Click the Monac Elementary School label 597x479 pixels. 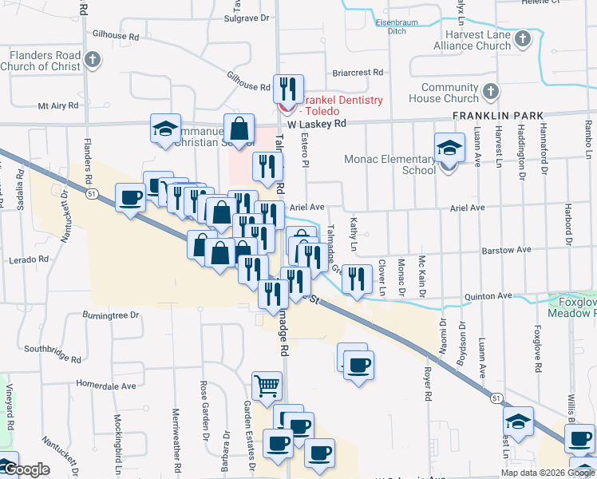(x=390, y=164)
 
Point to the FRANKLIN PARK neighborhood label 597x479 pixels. (x=491, y=116)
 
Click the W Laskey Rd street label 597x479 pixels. (x=317, y=125)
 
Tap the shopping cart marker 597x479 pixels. (x=267, y=386)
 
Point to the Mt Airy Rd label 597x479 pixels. (x=61, y=105)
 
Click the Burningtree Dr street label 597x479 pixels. (x=110, y=315)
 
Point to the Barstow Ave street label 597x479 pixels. (x=506, y=250)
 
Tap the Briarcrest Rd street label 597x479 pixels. (x=357, y=72)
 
